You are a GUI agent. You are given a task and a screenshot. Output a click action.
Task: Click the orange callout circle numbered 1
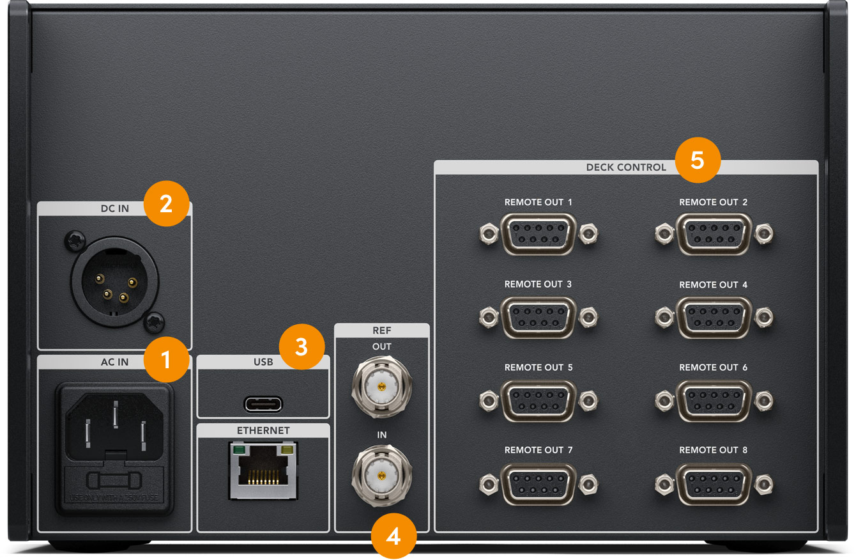166,360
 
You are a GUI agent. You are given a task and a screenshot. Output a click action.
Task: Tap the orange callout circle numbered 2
166,204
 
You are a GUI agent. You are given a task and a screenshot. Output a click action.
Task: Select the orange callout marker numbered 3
302,347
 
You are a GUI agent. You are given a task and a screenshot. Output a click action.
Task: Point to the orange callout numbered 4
394,536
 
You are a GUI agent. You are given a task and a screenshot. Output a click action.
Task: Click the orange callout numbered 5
698,160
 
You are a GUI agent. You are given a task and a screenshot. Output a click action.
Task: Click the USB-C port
263,404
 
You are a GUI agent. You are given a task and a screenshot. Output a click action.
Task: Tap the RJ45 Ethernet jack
263,472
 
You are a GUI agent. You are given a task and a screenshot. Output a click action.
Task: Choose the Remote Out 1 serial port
539,235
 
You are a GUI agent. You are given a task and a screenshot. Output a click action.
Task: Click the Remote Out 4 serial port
714,317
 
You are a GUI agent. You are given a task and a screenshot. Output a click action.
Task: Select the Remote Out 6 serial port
714,400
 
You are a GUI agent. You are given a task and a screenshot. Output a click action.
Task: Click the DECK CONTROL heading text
625,167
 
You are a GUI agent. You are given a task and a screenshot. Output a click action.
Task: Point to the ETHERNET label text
263,431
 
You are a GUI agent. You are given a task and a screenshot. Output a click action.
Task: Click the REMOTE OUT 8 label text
713,450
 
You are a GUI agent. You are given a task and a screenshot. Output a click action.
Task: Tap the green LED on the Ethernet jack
240,451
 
